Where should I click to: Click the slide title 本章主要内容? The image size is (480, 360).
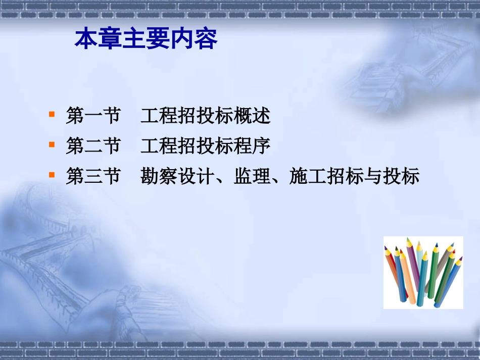pos(146,39)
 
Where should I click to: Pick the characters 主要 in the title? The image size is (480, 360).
pos(146,39)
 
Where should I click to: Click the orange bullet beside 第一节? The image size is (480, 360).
pos(52,114)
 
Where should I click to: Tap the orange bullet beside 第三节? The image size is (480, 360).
pos(52,175)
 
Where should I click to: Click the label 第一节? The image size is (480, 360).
pos(93,116)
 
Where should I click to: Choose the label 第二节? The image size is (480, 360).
pos(93,146)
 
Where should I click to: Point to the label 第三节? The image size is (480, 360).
pos(93,177)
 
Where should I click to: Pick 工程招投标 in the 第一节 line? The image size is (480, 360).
pos(187,116)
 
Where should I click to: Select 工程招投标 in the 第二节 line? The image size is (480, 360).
pos(187,146)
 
